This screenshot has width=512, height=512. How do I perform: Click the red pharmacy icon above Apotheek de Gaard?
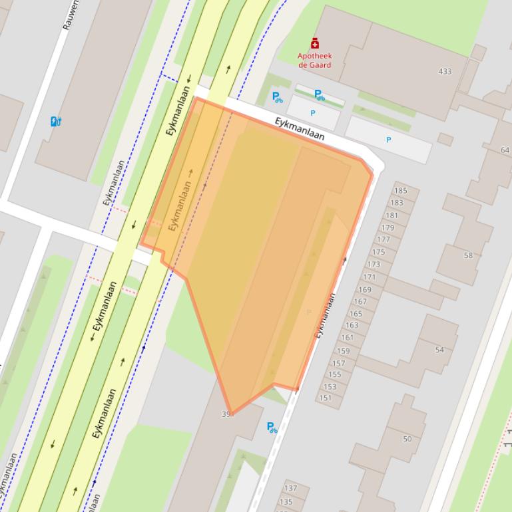point(315,44)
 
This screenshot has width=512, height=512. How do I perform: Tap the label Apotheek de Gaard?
point(314,61)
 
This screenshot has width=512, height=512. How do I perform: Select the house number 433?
point(445,71)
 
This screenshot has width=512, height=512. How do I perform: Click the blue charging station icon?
point(56,121)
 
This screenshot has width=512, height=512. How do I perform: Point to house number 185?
point(400,192)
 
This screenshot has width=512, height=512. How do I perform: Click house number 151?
point(325,398)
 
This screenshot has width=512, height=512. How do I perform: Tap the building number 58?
point(468,255)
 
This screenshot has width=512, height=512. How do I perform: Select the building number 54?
point(439,350)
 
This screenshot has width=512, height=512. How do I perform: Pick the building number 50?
point(407,439)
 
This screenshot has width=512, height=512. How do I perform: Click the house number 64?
point(505,150)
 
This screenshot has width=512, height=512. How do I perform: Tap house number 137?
point(290,489)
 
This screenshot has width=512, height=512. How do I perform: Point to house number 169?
point(364,290)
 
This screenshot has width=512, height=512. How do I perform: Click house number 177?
point(384,239)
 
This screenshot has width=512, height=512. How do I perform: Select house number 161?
point(348,338)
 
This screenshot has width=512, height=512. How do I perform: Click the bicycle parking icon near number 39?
point(272,428)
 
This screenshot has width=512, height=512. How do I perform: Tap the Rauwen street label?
point(71,15)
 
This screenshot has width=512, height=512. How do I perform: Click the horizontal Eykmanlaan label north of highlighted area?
point(300,129)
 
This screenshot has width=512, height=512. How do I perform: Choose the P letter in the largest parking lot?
point(389,140)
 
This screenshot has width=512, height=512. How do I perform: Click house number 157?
point(338,363)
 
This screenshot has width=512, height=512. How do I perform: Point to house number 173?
point(374,265)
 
